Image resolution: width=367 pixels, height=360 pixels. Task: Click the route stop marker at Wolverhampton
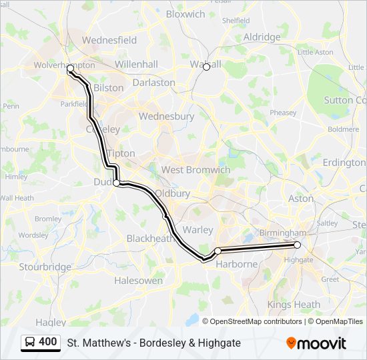click(x=70, y=69)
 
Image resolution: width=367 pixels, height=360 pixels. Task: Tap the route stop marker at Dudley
click(x=116, y=183)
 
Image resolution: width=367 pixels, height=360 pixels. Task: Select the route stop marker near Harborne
click(x=218, y=251)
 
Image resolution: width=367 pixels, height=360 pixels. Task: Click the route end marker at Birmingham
click(x=298, y=245)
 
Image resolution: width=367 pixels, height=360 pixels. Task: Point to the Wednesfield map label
click(x=109, y=40)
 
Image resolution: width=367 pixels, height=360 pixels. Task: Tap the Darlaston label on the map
click(x=154, y=83)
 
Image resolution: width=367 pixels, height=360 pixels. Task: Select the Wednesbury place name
click(x=166, y=116)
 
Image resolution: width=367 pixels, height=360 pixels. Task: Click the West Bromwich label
click(x=196, y=170)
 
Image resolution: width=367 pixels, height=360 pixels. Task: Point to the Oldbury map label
click(x=172, y=193)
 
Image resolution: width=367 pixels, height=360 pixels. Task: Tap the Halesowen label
click(x=138, y=281)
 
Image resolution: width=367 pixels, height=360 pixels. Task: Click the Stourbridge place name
click(x=45, y=267)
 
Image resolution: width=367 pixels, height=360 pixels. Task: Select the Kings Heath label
click(x=294, y=305)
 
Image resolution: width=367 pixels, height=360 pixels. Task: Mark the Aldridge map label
click(x=262, y=37)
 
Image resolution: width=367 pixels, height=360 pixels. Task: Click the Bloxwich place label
click(x=186, y=14)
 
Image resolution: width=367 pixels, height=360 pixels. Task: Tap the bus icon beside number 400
click(x=30, y=342)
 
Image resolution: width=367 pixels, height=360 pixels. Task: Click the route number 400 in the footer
click(x=48, y=342)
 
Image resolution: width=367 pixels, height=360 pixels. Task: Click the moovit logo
click(x=316, y=343)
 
